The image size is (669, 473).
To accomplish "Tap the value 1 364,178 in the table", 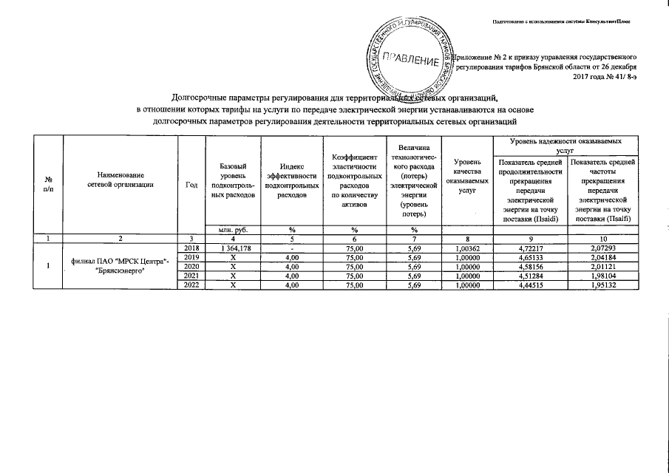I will point(227,248).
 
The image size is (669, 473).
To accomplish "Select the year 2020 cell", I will point(191,265).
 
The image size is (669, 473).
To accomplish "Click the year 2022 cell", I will point(191,284).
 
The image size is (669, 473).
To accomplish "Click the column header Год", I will point(191,184).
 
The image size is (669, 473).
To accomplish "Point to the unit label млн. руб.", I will point(227,230).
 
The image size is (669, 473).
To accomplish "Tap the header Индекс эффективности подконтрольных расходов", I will point(292,182).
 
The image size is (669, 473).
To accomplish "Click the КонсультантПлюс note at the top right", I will point(568,21).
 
